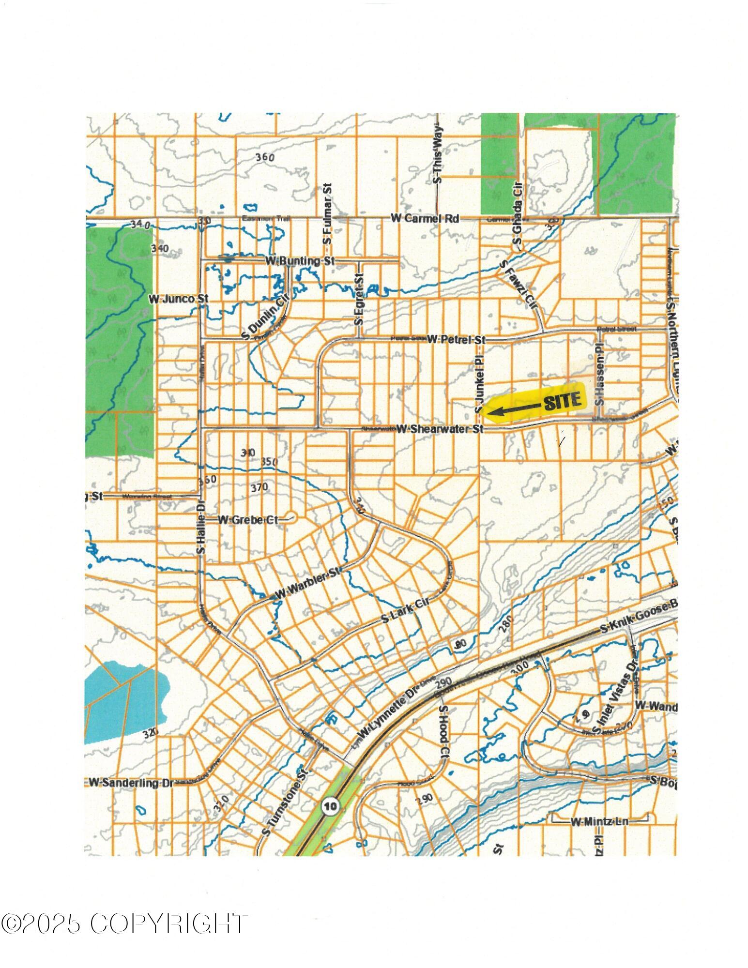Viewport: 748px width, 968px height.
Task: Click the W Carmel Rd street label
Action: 425,219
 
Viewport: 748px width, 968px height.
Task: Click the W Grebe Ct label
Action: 248,520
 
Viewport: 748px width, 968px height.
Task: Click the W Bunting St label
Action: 300,261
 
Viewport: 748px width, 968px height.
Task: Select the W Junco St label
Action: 178,300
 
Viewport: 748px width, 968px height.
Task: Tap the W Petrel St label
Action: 456,340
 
